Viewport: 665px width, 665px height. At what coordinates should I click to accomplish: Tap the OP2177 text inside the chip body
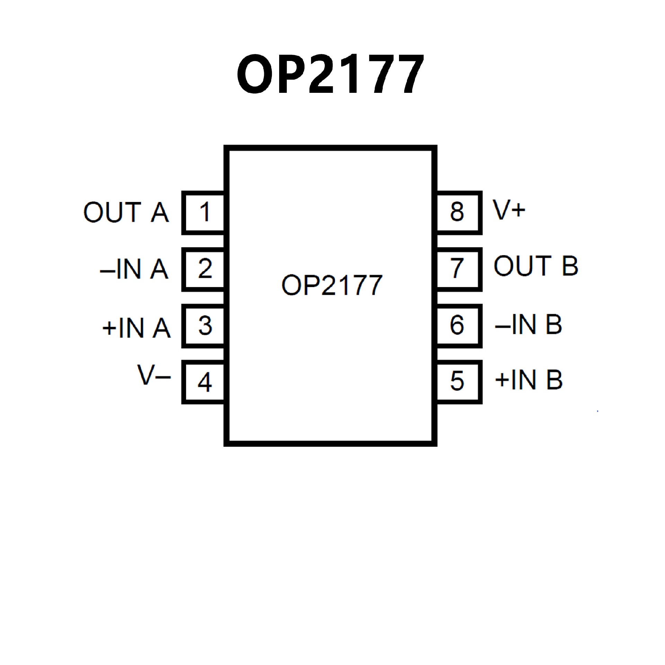click(x=331, y=285)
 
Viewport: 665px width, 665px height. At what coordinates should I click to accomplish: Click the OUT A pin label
click(x=126, y=212)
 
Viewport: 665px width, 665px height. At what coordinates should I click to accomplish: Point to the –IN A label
click(x=134, y=269)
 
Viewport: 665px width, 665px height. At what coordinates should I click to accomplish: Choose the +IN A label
click(x=136, y=328)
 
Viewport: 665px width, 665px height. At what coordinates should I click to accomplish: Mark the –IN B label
click(x=529, y=325)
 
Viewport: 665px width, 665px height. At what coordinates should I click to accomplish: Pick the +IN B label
click(x=529, y=380)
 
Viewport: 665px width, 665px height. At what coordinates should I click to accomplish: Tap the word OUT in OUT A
click(x=112, y=212)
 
